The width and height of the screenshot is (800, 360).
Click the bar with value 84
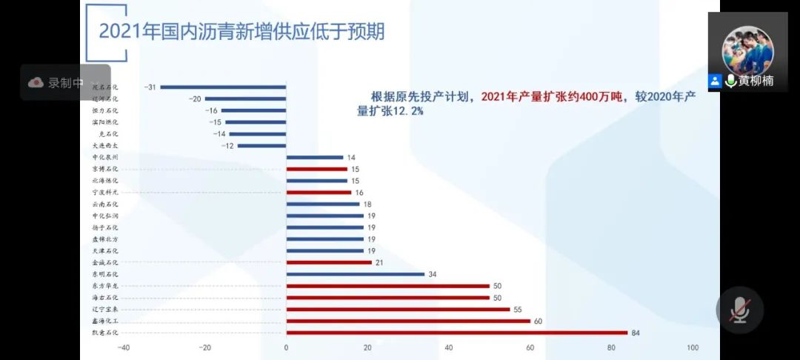[456, 333]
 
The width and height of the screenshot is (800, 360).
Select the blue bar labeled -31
[223, 87]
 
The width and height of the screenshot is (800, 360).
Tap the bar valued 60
[408, 321]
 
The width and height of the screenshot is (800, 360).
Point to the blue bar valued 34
[356, 274]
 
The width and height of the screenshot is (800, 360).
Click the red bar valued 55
[398, 309]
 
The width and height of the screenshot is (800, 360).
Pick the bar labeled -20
[245, 99]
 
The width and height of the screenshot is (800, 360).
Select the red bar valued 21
[329, 262]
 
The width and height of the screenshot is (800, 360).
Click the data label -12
[227, 145]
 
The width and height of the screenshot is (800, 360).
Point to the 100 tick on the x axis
[693, 348]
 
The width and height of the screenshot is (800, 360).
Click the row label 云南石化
[104, 204]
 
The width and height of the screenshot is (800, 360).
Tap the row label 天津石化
[104, 251]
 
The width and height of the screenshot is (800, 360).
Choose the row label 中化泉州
[104, 157]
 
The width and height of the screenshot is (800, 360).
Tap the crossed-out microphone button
[739, 310]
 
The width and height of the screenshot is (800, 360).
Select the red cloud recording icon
[35, 83]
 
